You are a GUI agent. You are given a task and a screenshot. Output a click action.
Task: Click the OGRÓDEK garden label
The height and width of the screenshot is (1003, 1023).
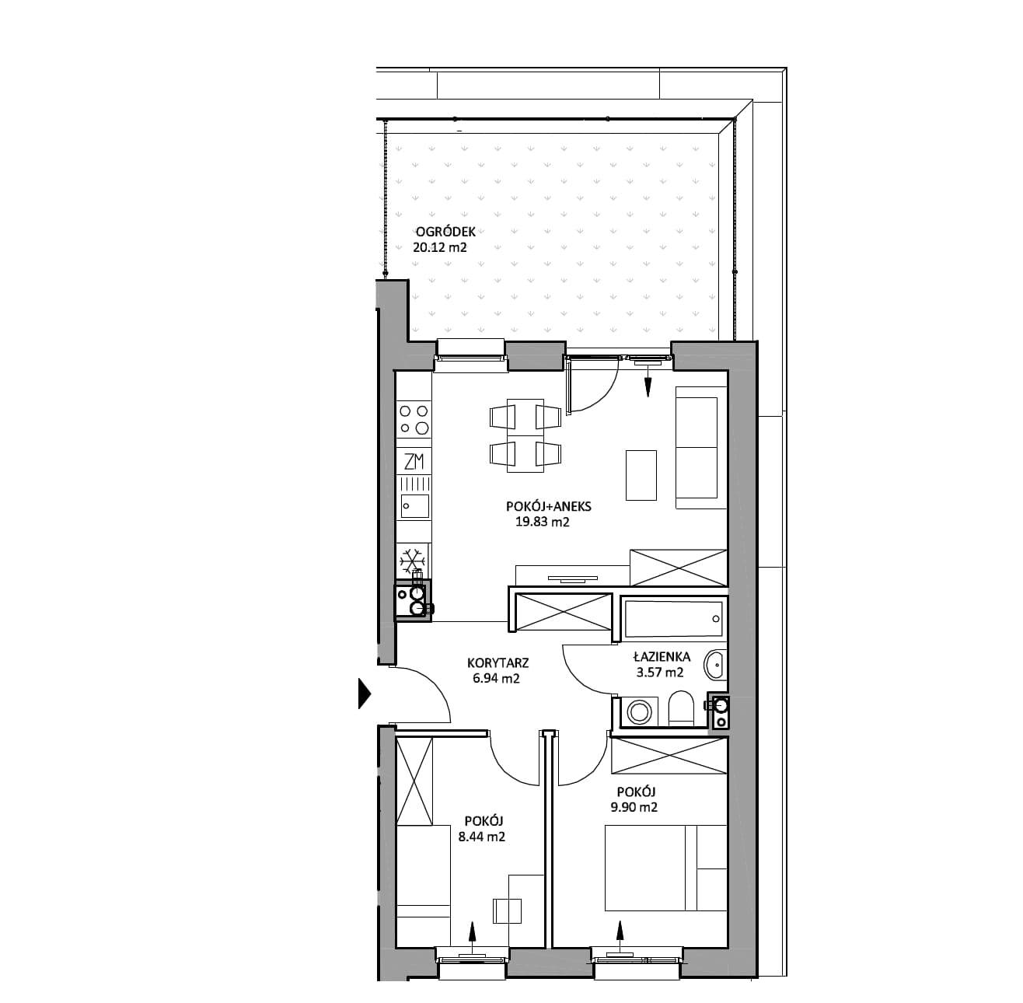[x=445, y=232]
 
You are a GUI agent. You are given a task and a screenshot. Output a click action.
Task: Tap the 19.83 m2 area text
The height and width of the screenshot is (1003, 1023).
[x=542, y=522]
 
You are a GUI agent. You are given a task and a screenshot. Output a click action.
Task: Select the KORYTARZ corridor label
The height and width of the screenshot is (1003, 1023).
[x=498, y=663]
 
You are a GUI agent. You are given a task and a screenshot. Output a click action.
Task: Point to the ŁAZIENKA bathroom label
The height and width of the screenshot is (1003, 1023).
[x=662, y=656]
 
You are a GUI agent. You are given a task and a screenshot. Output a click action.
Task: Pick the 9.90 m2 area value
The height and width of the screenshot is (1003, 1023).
[x=634, y=808]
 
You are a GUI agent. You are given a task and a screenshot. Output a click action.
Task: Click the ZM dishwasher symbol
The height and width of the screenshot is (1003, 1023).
[x=414, y=462]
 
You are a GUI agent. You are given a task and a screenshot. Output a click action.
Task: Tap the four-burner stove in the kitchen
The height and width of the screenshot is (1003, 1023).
[x=414, y=419]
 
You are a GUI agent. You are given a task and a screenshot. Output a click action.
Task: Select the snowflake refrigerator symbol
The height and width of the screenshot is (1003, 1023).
[x=414, y=561]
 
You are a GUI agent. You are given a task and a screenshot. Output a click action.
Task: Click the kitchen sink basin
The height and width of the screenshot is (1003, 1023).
[x=414, y=505]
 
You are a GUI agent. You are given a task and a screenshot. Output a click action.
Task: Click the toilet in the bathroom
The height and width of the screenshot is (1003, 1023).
[x=681, y=708]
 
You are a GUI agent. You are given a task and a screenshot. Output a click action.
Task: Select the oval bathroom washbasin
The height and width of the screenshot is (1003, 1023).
[x=714, y=666]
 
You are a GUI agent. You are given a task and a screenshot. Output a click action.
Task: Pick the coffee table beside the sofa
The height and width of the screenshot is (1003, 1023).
[x=641, y=475]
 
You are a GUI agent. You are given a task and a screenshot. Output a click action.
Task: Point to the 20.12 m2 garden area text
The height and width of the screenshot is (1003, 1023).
[x=440, y=247]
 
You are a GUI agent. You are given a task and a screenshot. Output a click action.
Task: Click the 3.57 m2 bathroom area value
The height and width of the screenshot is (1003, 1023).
[x=660, y=672]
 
